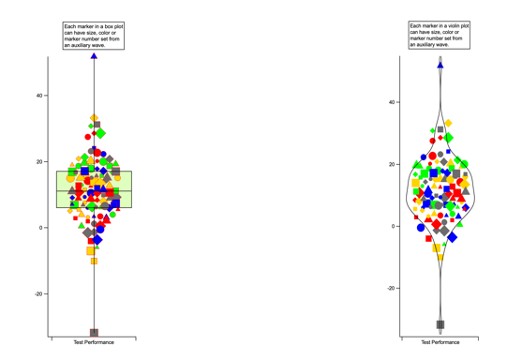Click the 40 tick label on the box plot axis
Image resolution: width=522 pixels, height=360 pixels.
[39, 96]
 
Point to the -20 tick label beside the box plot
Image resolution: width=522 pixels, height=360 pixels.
[38, 294]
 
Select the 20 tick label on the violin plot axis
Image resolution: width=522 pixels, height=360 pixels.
[392, 164]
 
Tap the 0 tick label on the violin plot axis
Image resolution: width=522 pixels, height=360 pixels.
[394, 227]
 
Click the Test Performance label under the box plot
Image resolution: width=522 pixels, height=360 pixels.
[94, 342]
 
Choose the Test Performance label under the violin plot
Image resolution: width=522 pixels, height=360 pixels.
[440, 342]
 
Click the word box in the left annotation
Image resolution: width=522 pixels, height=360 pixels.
[109, 26]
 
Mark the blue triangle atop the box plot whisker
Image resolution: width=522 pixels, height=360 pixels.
[94, 56]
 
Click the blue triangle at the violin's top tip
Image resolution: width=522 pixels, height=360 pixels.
[440, 66]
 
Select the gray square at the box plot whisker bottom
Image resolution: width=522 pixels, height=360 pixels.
[95, 333]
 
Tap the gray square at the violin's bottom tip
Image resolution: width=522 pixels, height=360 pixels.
[440, 324]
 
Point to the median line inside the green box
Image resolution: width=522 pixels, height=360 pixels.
[95, 191]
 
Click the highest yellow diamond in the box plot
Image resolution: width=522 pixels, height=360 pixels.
[95, 118]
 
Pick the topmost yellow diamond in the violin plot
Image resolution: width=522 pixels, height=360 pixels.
[448, 123]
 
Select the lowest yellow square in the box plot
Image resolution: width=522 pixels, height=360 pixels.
[94, 261]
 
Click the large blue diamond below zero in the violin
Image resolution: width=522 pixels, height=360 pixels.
[452, 237]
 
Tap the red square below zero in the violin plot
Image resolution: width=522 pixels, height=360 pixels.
[428, 238]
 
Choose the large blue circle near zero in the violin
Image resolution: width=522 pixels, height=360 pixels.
[421, 228]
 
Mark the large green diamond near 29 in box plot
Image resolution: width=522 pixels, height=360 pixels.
[100, 133]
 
